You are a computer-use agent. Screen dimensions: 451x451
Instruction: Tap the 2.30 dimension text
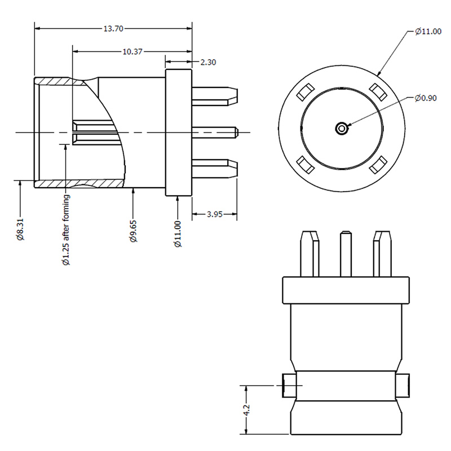[208, 63]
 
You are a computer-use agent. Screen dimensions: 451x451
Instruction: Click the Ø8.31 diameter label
[20, 228]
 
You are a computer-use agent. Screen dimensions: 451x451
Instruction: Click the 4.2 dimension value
[246, 410]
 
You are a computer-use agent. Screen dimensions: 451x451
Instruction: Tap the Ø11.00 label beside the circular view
[428, 32]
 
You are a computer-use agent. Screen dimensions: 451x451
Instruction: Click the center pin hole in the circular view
[342, 129]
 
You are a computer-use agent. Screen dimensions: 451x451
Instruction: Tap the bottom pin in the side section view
[214, 167]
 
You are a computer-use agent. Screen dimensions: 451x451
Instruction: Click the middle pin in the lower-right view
[346, 253]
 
